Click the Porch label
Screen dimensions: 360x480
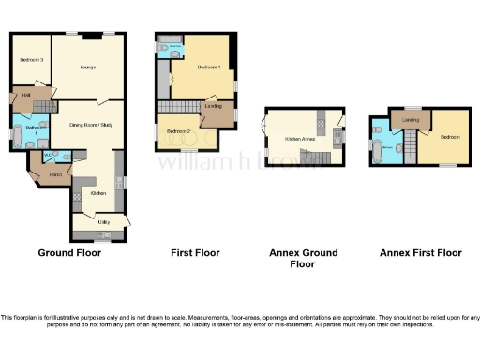[x=43, y=173]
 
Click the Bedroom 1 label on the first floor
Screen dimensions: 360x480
[x=207, y=68]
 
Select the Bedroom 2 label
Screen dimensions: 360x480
[x=178, y=131]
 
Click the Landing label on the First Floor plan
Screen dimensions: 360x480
[x=214, y=107]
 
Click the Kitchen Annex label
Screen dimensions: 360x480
[x=299, y=138]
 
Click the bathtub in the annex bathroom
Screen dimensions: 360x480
[x=377, y=148]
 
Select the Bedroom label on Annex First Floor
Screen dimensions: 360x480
[x=448, y=137]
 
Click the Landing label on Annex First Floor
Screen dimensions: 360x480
[x=410, y=120]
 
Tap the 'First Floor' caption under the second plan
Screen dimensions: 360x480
[x=194, y=253]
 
